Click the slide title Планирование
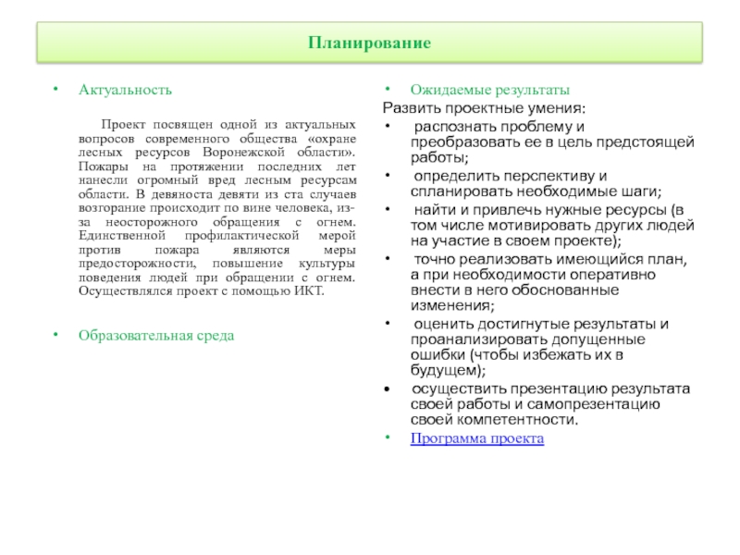pos(369,43)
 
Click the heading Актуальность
pos(125,91)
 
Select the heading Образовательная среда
pos(156,335)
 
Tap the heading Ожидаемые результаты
pos(490,91)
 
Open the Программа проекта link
pos(477,438)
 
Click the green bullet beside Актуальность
pos(55,91)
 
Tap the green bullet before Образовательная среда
pos(55,335)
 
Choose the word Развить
pos(407,108)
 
